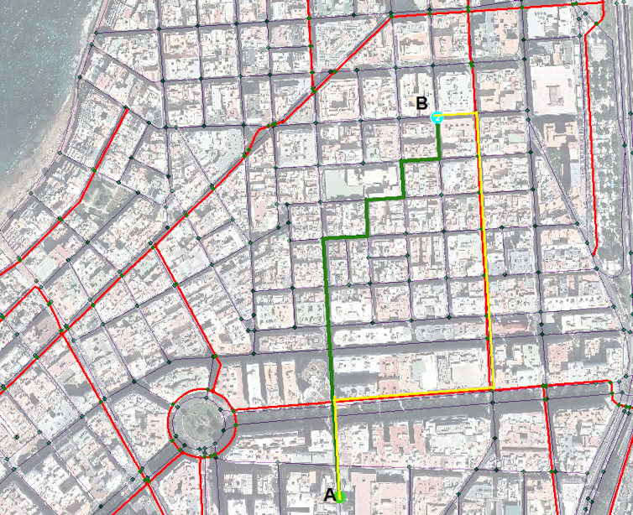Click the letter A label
point(330,495)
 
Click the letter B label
point(422,104)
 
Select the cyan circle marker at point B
point(437,117)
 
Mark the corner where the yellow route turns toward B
point(477,112)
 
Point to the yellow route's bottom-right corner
point(492,388)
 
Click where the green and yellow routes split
point(335,398)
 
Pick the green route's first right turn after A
point(326,238)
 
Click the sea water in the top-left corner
point(34,50)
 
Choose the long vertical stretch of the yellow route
point(484,252)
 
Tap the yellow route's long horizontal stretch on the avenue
point(411,393)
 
